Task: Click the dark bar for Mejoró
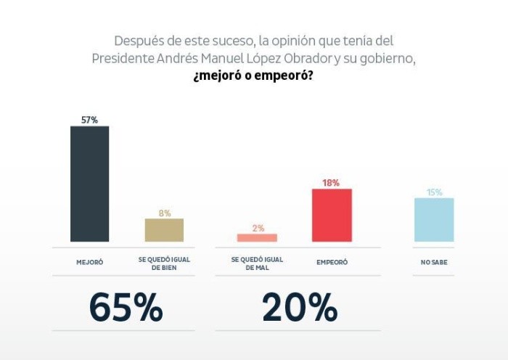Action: point(89,184)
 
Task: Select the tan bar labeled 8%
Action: point(164,230)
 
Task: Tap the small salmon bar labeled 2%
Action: point(257,237)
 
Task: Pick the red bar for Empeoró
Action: point(332,215)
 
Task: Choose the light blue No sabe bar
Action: point(434,219)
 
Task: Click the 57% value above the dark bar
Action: point(89,120)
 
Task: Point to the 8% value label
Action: point(165,213)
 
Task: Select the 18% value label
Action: point(331,183)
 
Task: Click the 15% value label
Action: point(434,192)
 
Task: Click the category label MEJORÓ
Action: point(90,262)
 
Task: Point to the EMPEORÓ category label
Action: point(332,262)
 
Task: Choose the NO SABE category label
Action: point(434,262)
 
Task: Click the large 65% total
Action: point(126,308)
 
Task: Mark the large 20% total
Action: point(300,308)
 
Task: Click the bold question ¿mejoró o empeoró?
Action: point(253,75)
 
